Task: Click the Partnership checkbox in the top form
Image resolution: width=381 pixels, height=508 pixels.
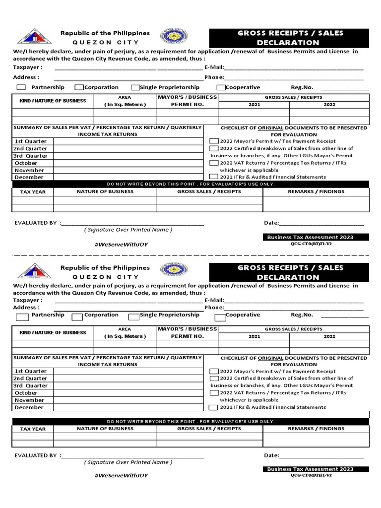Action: point(21,88)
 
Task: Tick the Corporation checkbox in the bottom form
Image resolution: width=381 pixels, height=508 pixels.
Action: point(77,317)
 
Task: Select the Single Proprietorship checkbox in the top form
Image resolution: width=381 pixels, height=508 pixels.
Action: point(135,88)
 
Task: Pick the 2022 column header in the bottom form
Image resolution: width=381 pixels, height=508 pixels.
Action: point(329,336)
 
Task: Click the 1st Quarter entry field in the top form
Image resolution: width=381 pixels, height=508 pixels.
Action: point(128,141)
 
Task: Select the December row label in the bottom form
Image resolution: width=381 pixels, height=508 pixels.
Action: point(29,407)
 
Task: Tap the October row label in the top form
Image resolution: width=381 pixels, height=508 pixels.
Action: point(26,163)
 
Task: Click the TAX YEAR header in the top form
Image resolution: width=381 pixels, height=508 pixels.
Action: point(32,191)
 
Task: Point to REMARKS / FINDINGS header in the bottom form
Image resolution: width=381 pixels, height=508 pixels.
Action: point(316,429)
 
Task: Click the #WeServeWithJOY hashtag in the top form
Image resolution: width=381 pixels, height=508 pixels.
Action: point(121,244)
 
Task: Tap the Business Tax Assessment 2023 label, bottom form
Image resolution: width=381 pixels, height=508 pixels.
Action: point(310,469)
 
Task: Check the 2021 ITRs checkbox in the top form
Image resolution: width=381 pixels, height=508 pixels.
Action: point(213,177)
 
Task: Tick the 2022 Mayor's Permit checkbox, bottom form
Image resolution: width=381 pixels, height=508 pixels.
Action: point(213,372)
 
